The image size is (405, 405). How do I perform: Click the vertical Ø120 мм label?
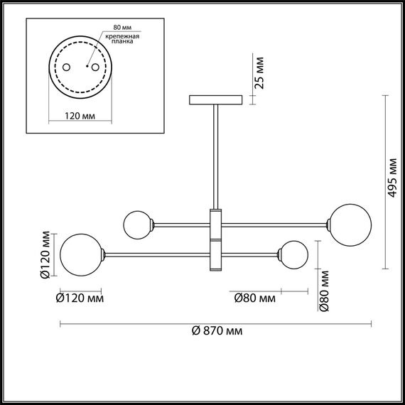45,254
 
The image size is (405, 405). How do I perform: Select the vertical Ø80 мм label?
324,291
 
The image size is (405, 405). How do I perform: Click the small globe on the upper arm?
136,225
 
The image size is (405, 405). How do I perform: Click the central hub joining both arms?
216,239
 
